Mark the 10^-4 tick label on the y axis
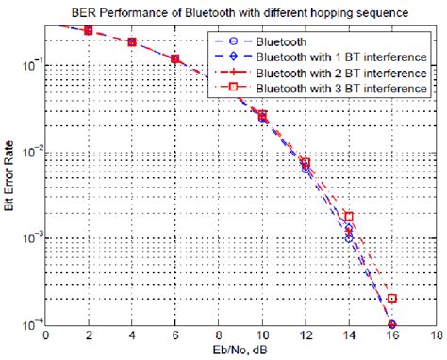pyautogui.click(x=28, y=325)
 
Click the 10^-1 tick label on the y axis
pyautogui.click(x=28, y=65)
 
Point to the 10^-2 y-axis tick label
pyautogui.click(x=28, y=152)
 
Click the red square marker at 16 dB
pyautogui.click(x=392, y=299)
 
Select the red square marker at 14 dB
pyautogui.click(x=349, y=217)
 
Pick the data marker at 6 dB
pyautogui.click(x=175, y=59)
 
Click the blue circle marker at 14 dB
pyautogui.click(x=349, y=238)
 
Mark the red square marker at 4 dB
pyautogui.click(x=133, y=42)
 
